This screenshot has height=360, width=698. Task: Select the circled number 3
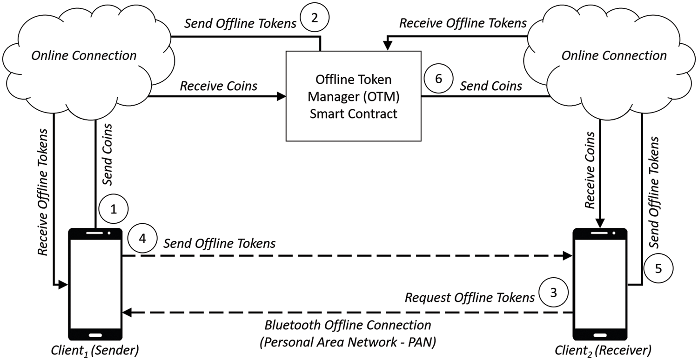click(552, 293)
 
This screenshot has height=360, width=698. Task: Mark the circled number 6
click(437, 80)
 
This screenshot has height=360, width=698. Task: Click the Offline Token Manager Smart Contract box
click(353, 95)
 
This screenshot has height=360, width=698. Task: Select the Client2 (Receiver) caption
click(603, 349)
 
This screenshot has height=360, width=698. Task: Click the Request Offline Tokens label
click(470, 298)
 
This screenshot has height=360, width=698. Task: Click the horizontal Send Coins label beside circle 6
click(491, 86)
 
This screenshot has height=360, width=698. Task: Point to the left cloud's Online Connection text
click(84, 56)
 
